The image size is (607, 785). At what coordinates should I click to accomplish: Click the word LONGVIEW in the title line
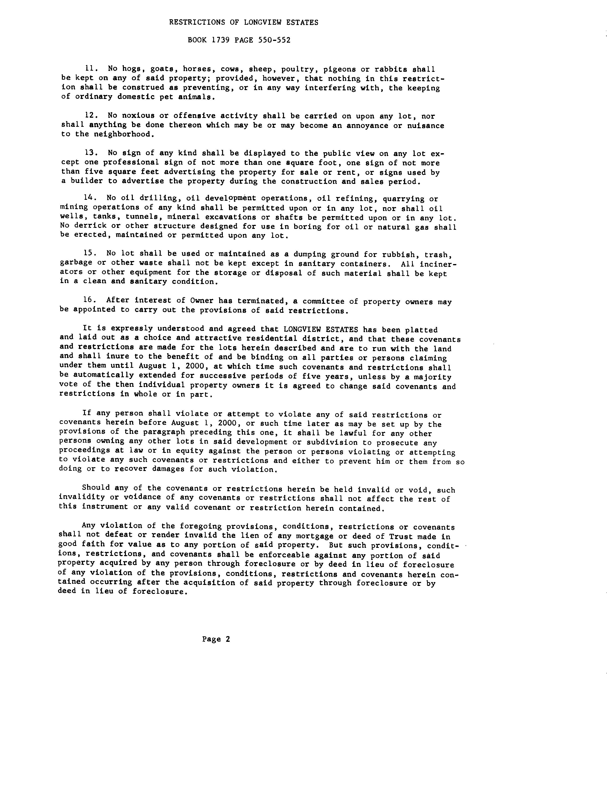pos(263,22)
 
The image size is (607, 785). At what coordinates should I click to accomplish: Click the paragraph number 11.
pos(89,69)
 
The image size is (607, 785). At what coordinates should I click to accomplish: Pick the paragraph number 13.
pos(89,153)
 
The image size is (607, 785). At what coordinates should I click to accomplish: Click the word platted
pos(421,330)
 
